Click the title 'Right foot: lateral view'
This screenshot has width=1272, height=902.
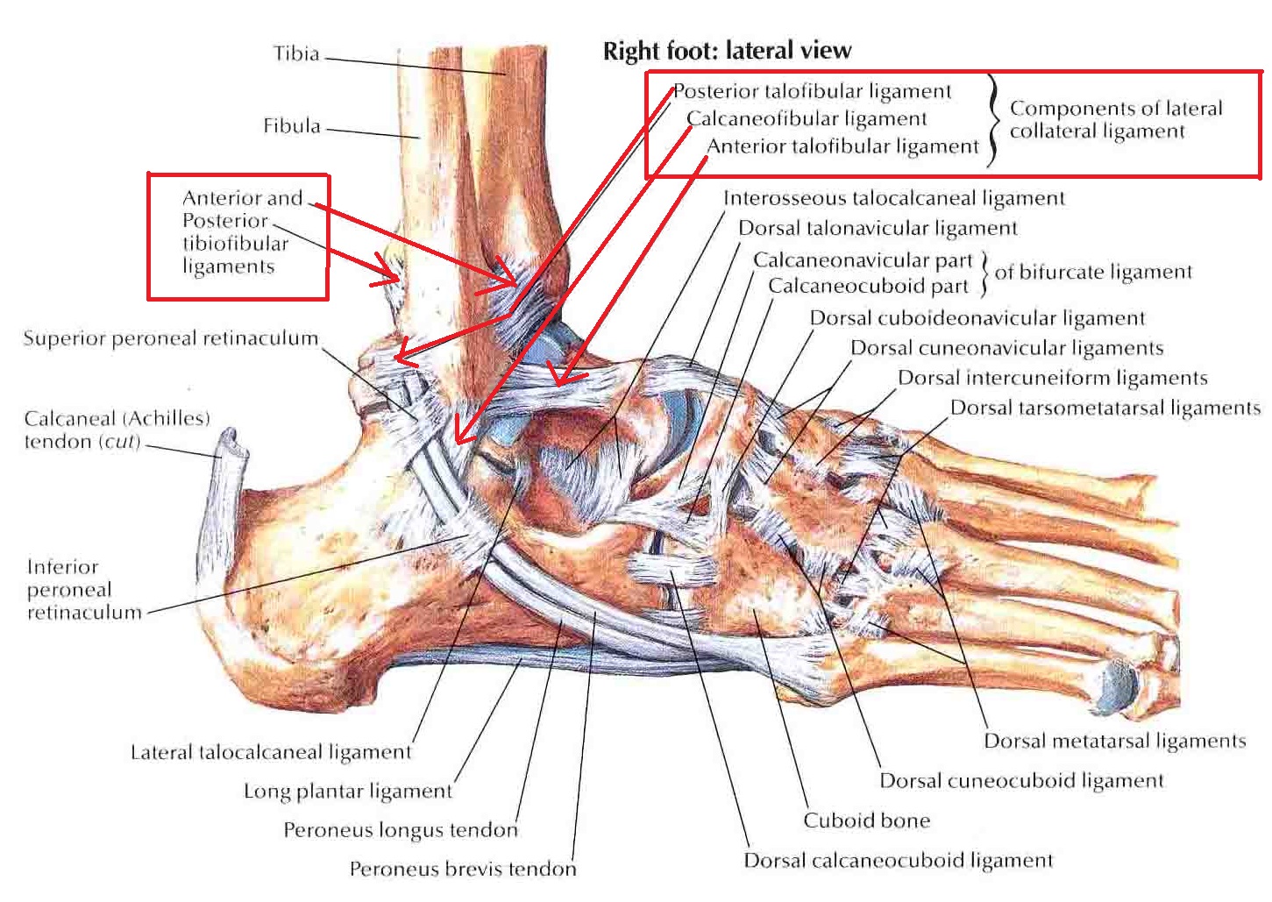pyautogui.click(x=727, y=51)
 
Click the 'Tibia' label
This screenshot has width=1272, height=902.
pyautogui.click(x=296, y=53)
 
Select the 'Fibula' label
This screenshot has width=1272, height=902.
pyautogui.click(x=292, y=126)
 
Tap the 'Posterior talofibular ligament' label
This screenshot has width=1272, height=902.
pyautogui.click(x=813, y=91)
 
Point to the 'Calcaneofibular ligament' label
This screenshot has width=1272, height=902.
pyautogui.click(x=807, y=118)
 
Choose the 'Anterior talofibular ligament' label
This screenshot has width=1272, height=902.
pyautogui.click(x=842, y=146)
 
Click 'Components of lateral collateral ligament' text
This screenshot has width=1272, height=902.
pyautogui.click(x=1115, y=119)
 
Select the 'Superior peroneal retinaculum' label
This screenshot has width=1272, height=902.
pyautogui.click(x=171, y=338)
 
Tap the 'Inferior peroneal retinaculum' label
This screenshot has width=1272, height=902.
pyautogui.click(x=83, y=589)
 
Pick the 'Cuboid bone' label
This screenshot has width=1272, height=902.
pyautogui.click(x=866, y=820)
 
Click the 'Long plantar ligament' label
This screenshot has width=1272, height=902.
pyautogui.click(x=348, y=791)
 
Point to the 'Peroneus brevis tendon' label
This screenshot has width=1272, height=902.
pyautogui.click(x=463, y=869)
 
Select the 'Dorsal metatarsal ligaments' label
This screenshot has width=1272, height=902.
pyautogui.click(x=1114, y=742)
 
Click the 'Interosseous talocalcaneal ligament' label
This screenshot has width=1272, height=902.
pyautogui.click(x=893, y=198)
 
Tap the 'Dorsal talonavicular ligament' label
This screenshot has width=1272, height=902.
pyautogui.click(x=878, y=229)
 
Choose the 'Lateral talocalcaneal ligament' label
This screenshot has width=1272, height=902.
pyautogui.click(x=271, y=752)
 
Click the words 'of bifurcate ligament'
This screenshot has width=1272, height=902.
pyautogui.click(x=1093, y=273)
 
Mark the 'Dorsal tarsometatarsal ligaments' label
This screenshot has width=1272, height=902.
pyautogui.click(x=1105, y=408)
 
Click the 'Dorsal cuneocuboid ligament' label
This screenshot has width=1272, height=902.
pyautogui.click(x=1021, y=780)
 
